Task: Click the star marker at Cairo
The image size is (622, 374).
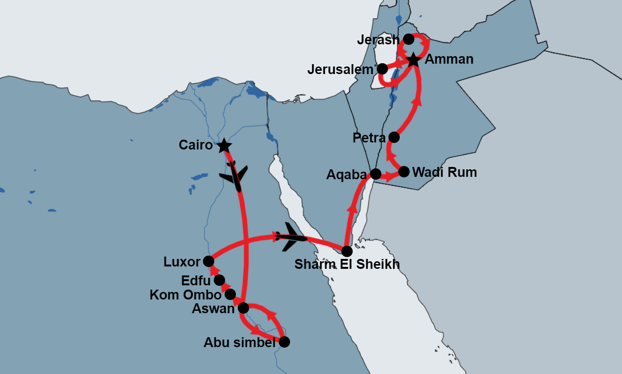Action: (224, 146)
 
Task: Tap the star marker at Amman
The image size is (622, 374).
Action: (413, 60)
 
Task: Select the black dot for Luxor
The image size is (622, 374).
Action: (209, 261)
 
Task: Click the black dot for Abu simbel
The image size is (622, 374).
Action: (284, 342)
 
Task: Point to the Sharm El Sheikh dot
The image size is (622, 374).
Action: (347, 251)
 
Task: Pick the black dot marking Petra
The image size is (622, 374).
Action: (394, 137)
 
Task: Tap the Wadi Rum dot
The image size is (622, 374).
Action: (404, 171)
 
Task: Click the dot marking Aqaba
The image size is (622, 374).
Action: (375, 174)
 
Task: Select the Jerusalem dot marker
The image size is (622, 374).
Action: (382, 68)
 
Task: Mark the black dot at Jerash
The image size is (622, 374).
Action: (409, 39)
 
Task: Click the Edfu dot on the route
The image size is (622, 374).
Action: (219, 280)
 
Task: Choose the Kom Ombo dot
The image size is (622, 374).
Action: (230, 294)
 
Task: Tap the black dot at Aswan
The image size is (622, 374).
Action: (243, 308)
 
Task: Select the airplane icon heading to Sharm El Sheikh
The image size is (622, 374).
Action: (291, 237)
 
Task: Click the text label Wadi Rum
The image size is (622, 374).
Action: (444, 172)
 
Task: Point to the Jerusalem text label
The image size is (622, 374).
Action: (340, 70)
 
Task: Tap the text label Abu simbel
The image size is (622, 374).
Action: (239, 343)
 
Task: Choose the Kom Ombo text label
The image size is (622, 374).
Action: (185, 295)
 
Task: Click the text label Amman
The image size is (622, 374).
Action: (449, 59)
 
